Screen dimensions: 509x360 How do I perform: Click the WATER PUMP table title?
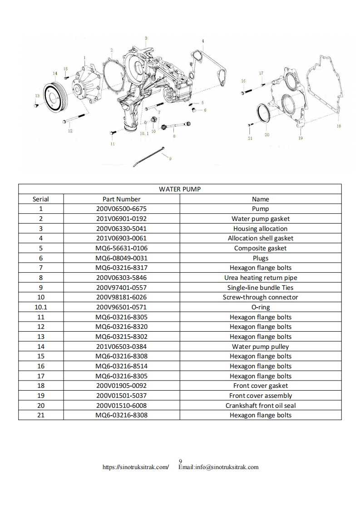(x=179, y=189)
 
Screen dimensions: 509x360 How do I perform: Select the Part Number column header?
(x=121, y=199)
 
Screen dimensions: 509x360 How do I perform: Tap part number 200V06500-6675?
(x=121, y=209)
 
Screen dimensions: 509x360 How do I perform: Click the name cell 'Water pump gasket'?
(x=260, y=219)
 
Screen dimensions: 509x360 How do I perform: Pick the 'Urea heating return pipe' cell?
(x=260, y=278)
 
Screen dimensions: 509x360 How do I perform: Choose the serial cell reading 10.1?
(x=40, y=307)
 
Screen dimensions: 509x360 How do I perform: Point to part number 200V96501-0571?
(x=121, y=307)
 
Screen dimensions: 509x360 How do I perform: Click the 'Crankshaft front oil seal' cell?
(x=260, y=406)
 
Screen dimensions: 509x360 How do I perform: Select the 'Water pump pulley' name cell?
(x=260, y=347)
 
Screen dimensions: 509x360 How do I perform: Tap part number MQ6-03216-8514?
(x=121, y=366)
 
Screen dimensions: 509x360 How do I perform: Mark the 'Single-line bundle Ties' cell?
(x=260, y=288)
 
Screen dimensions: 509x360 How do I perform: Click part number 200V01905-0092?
(x=121, y=386)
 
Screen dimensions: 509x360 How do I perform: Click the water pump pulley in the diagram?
(x=55, y=96)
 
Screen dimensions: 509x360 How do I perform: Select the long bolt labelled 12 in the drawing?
(x=75, y=119)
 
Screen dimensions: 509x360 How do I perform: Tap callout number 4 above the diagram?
(x=203, y=41)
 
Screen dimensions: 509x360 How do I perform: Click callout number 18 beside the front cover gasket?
(x=339, y=126)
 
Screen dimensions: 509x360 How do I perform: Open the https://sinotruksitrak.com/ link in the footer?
(x=136, y=467)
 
